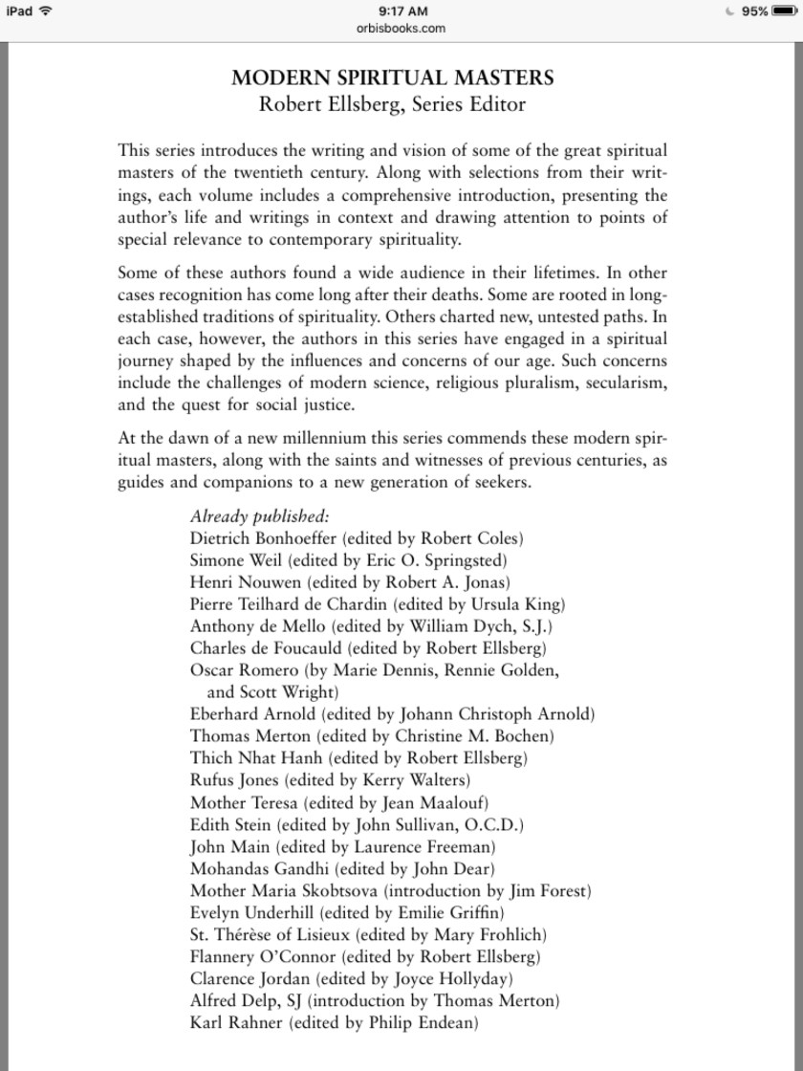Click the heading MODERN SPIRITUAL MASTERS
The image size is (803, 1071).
(x=392, y=78)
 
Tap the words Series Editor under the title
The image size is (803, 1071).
(x=468, y=104)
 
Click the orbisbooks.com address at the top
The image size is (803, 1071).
(x=401, y=29)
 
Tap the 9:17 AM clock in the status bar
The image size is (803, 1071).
(x=401, y=11)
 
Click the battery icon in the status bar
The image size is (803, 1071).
(x=784, y=11)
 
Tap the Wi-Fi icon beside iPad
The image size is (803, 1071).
(x=45, y=11)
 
